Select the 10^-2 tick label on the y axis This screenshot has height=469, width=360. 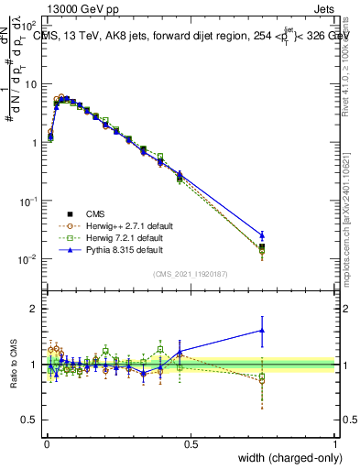tap(28, 259)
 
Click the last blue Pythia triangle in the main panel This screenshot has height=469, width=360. tap(262, 235)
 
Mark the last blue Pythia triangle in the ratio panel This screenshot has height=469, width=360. tap(262, 331)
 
